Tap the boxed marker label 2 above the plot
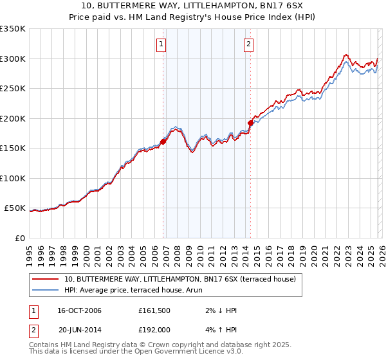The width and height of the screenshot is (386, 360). coord(248,44)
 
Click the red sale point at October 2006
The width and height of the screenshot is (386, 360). coord(163,142)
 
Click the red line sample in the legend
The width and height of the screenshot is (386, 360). coord(46,279)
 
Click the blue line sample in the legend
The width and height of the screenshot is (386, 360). coord(46,290)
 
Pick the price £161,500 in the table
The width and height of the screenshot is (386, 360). coord(154,310)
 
